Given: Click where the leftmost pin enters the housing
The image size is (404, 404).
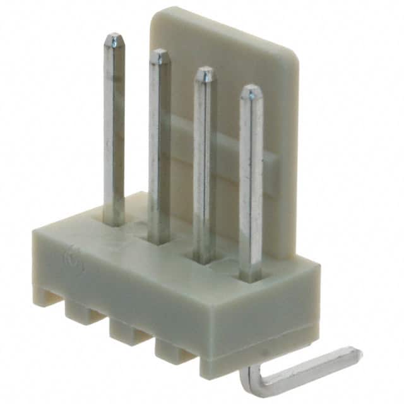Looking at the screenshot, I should click(x=114, y=223).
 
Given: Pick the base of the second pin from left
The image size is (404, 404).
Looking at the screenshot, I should click(x=159, y=241).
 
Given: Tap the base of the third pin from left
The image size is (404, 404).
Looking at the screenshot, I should click(x=204, y=259).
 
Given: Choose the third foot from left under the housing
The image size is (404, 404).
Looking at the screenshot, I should click(x=126, y=329).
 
